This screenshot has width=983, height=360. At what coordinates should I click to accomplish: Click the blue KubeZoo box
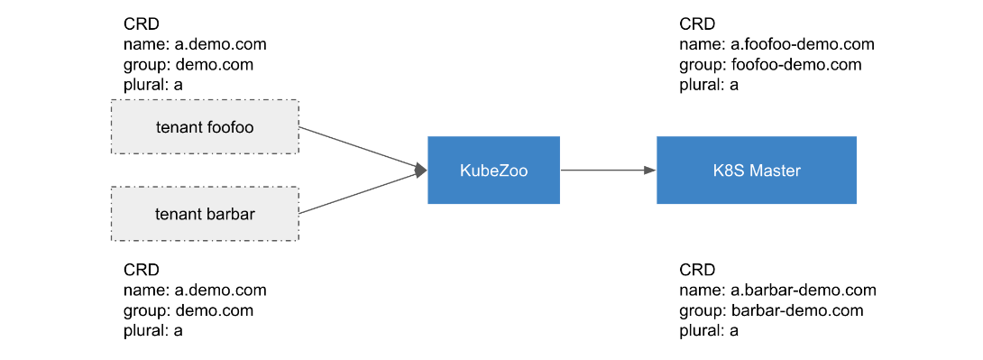click(493, 170)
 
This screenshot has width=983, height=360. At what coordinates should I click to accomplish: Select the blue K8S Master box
click(756, 170)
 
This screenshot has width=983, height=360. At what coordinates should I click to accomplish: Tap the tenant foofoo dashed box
click(205, 126)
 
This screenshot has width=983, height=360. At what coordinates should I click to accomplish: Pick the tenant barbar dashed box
click(205, 213)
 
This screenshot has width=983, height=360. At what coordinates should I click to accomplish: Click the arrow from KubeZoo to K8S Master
click(608, 170)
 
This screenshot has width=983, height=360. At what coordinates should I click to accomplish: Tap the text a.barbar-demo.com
click(804, 290)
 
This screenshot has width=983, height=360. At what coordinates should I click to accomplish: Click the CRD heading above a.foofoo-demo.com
click(697, 24)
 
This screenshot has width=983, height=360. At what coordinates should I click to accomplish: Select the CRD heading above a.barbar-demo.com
click(697, 270)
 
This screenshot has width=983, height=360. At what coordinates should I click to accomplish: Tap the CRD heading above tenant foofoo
click(142, 24)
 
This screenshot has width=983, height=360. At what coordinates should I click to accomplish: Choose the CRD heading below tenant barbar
click(142, 270)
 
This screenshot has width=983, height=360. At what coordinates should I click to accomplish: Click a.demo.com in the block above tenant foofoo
click(221, 44)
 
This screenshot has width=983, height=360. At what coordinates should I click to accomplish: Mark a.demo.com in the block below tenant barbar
click(221, 290)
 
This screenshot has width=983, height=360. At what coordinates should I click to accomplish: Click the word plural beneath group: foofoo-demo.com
click(700, 86)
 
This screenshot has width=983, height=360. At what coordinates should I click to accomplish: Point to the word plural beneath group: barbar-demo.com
click(700, 331)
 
